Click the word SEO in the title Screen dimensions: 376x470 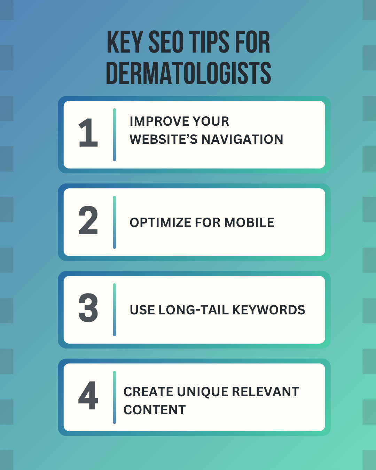[166, 42]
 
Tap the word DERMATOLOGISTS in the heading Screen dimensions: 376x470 [189, 73]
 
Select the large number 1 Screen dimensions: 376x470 [88, 133]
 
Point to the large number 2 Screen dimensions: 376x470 [88, 220]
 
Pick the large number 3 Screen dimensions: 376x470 [88, 307]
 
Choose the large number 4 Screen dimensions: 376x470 [88, 395]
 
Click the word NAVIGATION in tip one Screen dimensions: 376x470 [242, 139]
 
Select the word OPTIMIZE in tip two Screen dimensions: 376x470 [160, 222]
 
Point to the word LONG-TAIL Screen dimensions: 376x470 [194, 310]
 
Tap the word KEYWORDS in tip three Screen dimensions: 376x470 [268, 310]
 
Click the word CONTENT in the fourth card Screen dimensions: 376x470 [155, 410]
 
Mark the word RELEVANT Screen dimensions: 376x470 [265, 392]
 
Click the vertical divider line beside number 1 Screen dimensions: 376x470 [114, 135]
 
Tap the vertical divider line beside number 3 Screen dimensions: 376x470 [114, 310]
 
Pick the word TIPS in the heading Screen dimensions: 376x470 [209, 42]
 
